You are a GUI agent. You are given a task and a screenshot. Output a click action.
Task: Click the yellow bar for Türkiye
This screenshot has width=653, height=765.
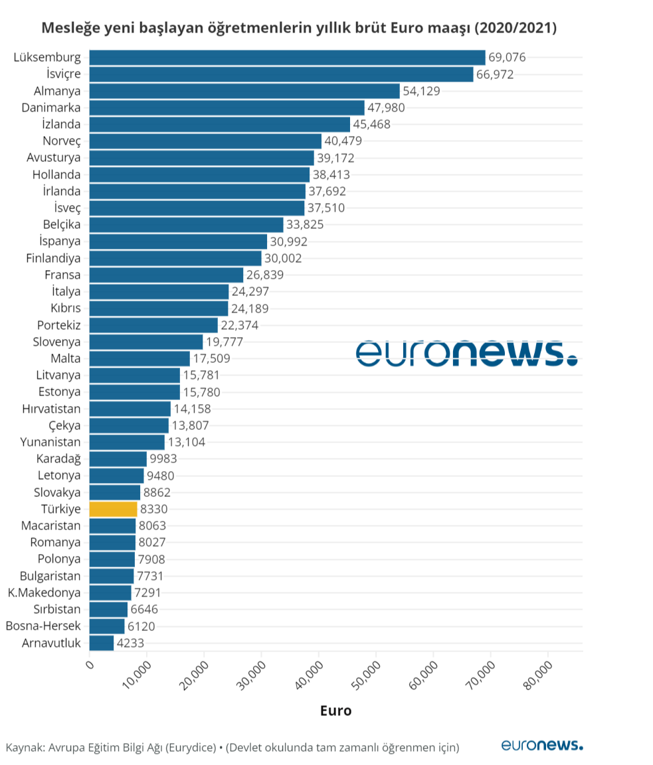[x=113, y=509]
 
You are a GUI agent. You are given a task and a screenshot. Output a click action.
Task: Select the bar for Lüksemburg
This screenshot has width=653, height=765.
[x=287, y=57]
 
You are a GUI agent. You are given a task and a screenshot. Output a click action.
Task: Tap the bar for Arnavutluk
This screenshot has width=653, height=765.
[x=102, y=643]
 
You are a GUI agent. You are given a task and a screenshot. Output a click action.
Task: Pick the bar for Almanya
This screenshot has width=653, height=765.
[x=244, y=91]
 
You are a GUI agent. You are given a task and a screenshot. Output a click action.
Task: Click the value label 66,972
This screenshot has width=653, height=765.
[x=495, y=74]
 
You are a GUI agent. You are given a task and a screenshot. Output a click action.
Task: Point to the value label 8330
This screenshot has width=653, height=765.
[x=154, y=509]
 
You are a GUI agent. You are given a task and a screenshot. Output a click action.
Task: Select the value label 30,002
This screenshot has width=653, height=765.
[x=283, y=258]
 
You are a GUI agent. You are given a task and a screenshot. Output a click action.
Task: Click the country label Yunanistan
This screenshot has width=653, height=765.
[x=50, y=442]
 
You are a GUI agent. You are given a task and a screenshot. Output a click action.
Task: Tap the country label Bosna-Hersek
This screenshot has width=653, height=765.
[x=43, y=626]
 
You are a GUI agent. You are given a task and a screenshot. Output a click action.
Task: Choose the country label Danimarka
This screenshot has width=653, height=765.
[x=51, y=107]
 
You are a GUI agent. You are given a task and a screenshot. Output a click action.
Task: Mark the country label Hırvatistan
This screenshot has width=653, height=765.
[x=51, y=409]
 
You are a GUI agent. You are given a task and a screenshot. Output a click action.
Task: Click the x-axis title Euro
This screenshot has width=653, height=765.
[x=335, y=711]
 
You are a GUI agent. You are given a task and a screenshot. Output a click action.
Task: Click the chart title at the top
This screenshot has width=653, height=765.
[x=299, y=28]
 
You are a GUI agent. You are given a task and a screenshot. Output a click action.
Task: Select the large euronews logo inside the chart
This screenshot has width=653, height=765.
[x=466, y=353]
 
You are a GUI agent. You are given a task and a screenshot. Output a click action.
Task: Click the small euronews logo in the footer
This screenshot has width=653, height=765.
[x=541, y=745]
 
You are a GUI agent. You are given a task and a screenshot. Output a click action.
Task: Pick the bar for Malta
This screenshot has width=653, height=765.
[x=140, y=358]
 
